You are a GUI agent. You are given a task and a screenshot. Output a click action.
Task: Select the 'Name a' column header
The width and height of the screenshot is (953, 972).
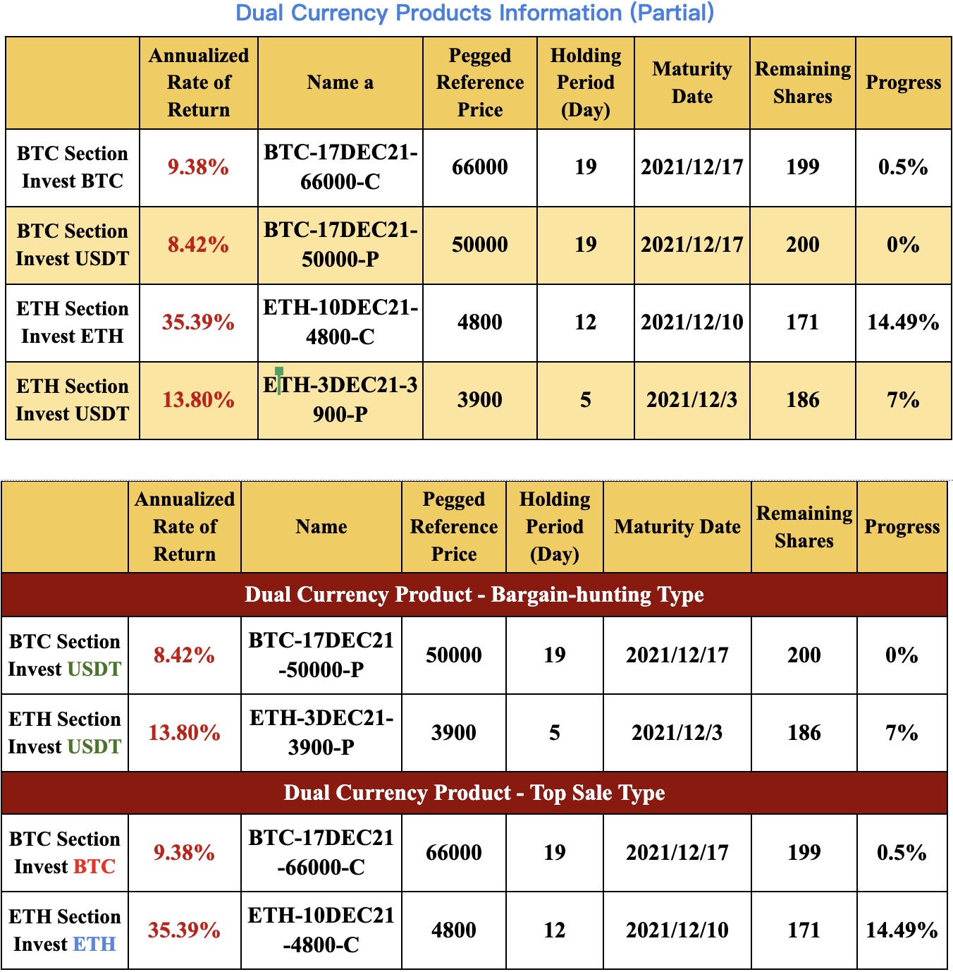pyautogui.click(x=340, y=83)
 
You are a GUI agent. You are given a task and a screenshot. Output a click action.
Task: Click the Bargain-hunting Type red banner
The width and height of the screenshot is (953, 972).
pyautogui.click(x=474, y=595)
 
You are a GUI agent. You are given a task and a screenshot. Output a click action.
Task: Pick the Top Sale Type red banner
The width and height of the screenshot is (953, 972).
pyautogui.click(x=474, y=793)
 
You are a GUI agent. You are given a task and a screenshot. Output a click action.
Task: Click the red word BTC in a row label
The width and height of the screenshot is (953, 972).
pyautogui.click(x=94, y=866)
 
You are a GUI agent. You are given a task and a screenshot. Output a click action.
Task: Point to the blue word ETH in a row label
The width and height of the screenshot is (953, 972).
pyautogui.click(x=94, y=944)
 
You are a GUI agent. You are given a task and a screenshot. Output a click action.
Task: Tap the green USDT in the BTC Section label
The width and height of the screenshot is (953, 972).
pyautogui.click(x=94, y=669)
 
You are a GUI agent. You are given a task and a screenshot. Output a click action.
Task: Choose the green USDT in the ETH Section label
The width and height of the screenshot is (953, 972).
pyautogui.click(x=94, y=746)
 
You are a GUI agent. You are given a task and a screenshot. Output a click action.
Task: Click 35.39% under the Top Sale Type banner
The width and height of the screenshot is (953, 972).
pyautogui.click(x=184, y=930)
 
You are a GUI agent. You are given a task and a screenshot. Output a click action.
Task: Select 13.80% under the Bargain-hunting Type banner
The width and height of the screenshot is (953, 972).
pyautogui.click(x=184, y=732)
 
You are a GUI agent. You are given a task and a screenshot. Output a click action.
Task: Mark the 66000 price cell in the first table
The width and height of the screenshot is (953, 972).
pyautogui.click(x=479, y=167)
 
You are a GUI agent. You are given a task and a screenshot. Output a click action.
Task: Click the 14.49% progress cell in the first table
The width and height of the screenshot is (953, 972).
pyautogui.click(x=903, y=322)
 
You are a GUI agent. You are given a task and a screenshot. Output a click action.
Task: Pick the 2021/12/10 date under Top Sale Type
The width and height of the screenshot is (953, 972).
pyautogui.click(x=677, y=930)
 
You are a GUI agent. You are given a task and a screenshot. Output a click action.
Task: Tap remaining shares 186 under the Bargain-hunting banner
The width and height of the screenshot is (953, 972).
pyautogui.click(x=804, y=732)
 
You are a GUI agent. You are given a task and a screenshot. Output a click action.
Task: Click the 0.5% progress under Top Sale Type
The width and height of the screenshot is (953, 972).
pyautogui.click(x=902, y=852)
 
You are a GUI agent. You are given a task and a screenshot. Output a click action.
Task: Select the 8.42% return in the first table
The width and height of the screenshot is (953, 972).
pyautogui.click(x=198, y=245)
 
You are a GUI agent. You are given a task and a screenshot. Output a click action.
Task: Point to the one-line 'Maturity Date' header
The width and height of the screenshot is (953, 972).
pyautogui.click(x=677, y=527)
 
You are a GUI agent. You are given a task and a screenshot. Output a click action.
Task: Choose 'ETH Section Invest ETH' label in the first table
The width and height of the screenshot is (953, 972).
pyautogui.click(x=72, y=322)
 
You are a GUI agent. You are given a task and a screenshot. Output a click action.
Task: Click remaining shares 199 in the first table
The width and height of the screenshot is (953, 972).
pyautogui.click(x=802, y=167)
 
